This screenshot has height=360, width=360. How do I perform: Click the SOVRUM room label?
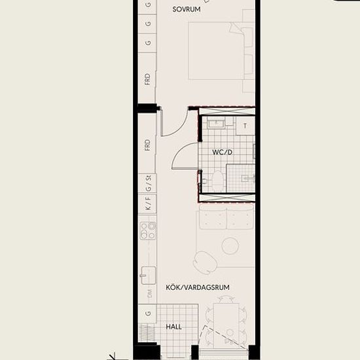(187, 9)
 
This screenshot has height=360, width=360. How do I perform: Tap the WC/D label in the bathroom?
(223, 152)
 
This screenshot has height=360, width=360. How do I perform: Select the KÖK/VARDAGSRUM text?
(198, 287)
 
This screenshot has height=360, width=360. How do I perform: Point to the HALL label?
(174, 327)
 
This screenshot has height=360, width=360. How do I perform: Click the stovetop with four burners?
(148, 230)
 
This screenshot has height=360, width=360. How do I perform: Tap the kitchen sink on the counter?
(149, 276)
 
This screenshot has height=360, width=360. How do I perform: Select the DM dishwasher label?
(149, 294)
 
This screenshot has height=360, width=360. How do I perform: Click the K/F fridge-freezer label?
(149, 204)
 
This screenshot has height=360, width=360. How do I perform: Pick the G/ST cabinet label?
(149, 183)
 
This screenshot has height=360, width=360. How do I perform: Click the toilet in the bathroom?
(217, 181)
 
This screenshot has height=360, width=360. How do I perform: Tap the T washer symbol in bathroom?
(245, 126)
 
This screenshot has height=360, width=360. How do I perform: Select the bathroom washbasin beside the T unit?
(216, 124)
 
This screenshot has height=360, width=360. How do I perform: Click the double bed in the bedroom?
(216, 51)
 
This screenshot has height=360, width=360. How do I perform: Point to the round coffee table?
(230, 246)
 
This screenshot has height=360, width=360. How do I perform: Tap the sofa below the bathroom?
(226, 217)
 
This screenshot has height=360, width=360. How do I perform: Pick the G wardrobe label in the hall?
(149, 314)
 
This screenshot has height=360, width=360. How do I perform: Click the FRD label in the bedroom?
(148, 79)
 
